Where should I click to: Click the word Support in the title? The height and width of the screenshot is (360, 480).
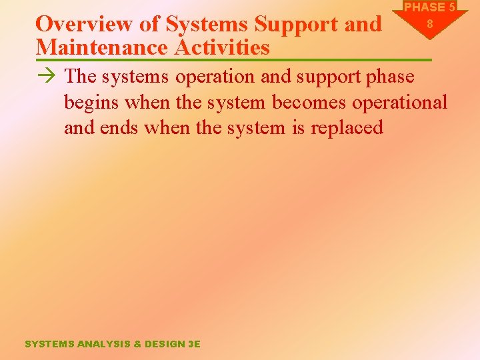tap(299, 24)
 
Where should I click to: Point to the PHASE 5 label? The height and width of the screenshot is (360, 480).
tap(430, 7)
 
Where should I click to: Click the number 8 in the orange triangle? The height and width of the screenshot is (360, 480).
tap(430, 23)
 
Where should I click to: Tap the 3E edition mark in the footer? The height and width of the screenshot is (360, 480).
tap(194, 344)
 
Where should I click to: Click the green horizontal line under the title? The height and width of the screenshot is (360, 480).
tap(233, 61)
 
